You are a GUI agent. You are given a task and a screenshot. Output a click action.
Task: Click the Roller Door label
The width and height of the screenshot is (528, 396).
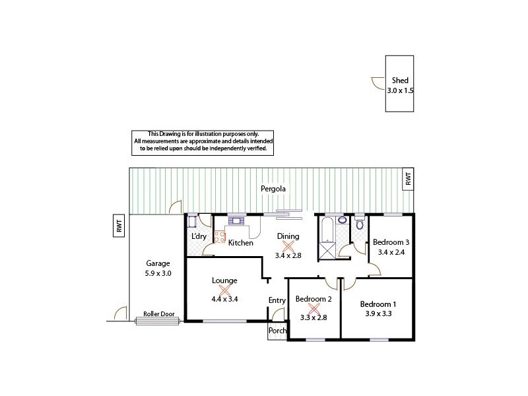pos(158,314)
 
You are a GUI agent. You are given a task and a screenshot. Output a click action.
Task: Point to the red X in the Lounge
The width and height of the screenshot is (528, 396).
pos(224,289)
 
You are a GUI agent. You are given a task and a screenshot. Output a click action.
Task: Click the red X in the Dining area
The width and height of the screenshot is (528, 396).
pos(288,246)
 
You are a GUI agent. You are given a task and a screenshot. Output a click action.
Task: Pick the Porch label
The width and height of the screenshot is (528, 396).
pos(277,332)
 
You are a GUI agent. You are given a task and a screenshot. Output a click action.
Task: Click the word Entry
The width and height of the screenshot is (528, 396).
pos(277,301)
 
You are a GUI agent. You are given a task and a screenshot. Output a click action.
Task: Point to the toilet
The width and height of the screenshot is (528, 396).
pos(359,224)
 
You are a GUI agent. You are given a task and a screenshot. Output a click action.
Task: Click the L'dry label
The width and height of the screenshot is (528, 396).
pos(197,236)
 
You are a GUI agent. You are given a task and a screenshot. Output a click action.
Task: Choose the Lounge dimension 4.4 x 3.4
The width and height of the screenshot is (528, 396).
pos(224,298)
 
